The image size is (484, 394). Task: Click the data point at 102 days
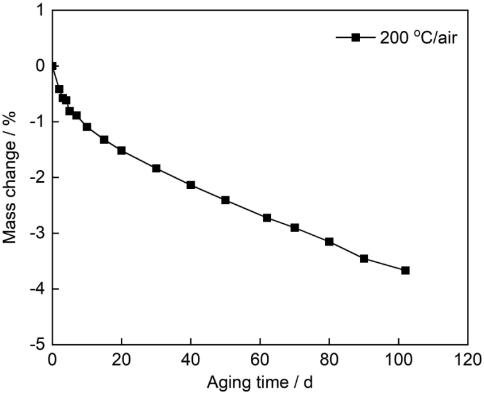click(x=405, y=270)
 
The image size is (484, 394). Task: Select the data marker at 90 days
click(x=364, y=258)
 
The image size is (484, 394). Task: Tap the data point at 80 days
click(x=329, y=241)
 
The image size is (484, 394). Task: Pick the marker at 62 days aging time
click(x=267, y=217)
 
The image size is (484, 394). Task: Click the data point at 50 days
click(x=225, y=200)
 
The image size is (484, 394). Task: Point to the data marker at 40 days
click(x=190, y=185)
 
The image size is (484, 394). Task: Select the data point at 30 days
click(x=156, y=168)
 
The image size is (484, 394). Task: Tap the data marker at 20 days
click(x=121, y=151)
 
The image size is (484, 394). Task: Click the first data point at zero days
click(x=53, y=66)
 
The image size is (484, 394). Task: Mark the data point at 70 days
click(x=294, y=228)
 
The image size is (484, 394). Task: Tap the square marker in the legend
click(x=355, y=38)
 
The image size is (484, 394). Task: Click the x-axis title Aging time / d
click(x=259, y=382)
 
